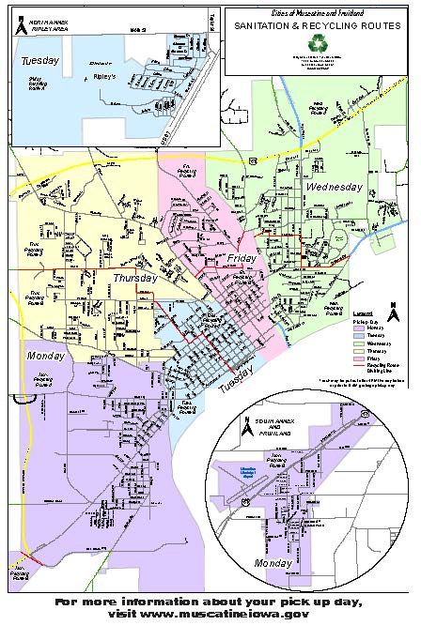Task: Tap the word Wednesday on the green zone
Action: point(334,188)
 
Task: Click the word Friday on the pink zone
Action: point(242,257)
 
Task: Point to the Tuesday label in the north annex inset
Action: point(40,60)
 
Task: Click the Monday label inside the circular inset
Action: point(274,563)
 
